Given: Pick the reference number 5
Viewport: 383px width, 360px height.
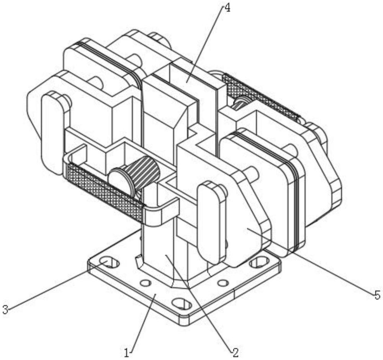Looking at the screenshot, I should [377, 295].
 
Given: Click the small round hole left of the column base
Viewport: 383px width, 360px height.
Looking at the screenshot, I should [146, 283].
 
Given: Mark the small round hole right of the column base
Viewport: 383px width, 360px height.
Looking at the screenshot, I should [223, 283].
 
